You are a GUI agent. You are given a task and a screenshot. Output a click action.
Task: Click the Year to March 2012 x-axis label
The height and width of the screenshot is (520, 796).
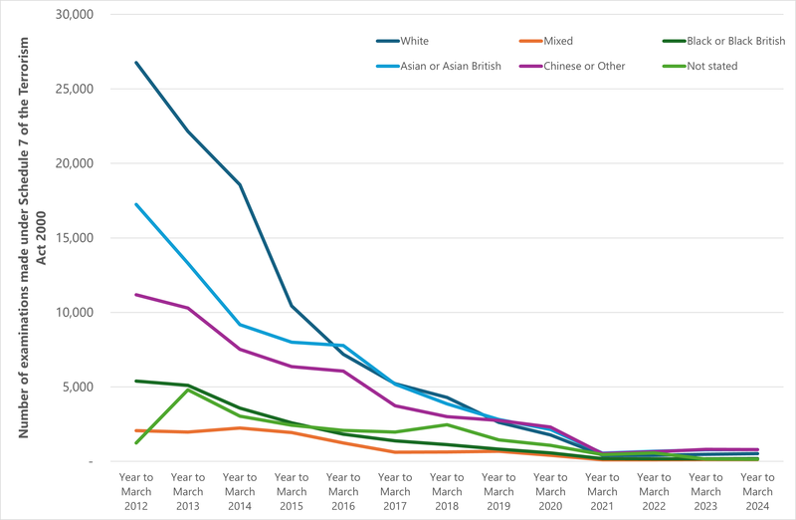coord(136,491)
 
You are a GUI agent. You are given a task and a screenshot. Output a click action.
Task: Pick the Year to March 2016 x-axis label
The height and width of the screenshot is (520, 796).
coord(343,491)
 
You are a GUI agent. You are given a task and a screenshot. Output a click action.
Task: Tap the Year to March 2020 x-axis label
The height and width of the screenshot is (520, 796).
coord(550,491)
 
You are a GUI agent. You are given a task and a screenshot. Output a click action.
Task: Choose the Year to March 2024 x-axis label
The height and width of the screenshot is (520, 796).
coord(757,491)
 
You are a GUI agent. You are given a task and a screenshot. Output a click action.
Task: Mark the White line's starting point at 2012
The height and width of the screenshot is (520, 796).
coord(136,63)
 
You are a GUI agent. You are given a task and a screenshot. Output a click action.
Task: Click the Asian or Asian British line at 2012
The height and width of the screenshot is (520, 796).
coord(136,204)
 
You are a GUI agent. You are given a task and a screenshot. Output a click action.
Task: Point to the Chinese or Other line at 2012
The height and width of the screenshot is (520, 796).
coord(136,295)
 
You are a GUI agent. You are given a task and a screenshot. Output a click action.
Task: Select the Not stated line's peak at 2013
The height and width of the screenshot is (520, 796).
coord(188,390)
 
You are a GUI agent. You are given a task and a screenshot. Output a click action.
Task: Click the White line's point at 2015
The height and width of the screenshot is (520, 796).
coord(292,306)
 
